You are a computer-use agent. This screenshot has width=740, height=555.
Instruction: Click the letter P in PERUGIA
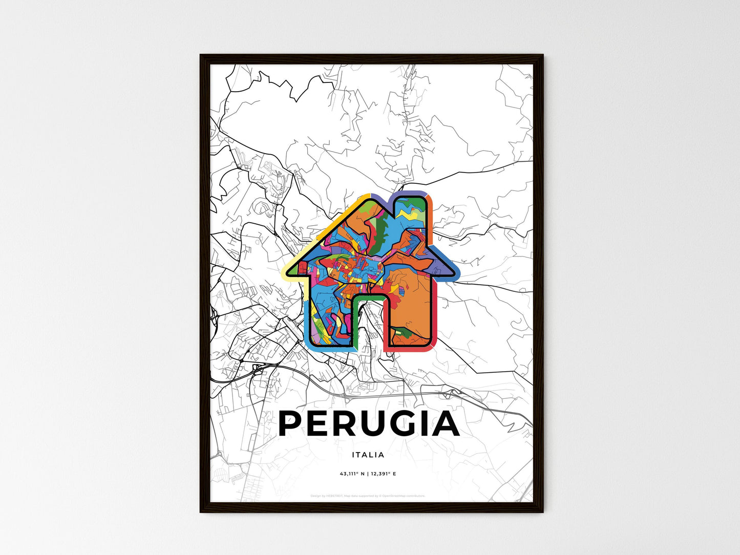point(293,424)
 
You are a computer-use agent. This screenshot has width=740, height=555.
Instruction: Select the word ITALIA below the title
point(368,455)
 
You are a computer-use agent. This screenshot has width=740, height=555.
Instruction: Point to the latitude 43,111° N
point(352,474)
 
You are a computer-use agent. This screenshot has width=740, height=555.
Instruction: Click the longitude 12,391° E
point(383,474)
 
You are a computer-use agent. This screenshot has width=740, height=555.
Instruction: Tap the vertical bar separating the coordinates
point(367,474)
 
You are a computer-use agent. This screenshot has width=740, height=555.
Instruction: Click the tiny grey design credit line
point(368,496)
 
